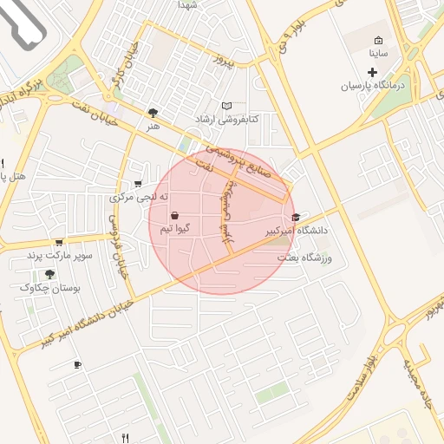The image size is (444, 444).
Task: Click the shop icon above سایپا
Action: (x=379, y=41)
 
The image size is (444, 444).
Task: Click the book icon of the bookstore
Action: (x=227, y=106)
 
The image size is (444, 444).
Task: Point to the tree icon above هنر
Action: (x=153, y=113)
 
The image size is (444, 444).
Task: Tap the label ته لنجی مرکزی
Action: (x=134, y=197)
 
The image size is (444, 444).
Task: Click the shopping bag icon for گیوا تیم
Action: (x=175, y=215)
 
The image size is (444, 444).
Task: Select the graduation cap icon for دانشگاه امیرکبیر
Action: (x=297, y=218)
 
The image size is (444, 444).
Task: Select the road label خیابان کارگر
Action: (x=124, y=66)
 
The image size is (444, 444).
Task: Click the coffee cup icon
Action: (x=77, y=365)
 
